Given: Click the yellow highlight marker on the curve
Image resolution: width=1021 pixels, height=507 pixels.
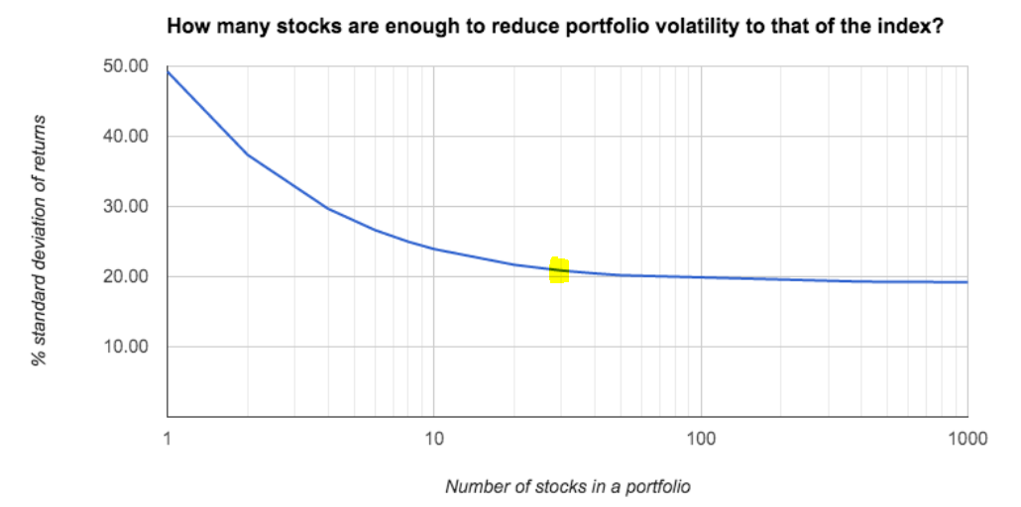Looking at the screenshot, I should tap(559, 269).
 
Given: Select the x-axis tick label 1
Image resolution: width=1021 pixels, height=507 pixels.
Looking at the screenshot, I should tap(168, 438).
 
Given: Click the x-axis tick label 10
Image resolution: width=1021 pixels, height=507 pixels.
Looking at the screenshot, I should tap(434, 438).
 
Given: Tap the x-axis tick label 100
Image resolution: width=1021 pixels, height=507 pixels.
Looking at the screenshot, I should tap(701, 438).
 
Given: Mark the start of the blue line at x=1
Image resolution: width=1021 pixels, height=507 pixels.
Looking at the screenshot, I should tap(169, 71).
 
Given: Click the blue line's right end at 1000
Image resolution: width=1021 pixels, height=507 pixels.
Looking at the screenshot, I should tap(966, 282).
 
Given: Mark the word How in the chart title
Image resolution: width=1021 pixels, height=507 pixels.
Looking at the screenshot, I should tap(185, 27).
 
